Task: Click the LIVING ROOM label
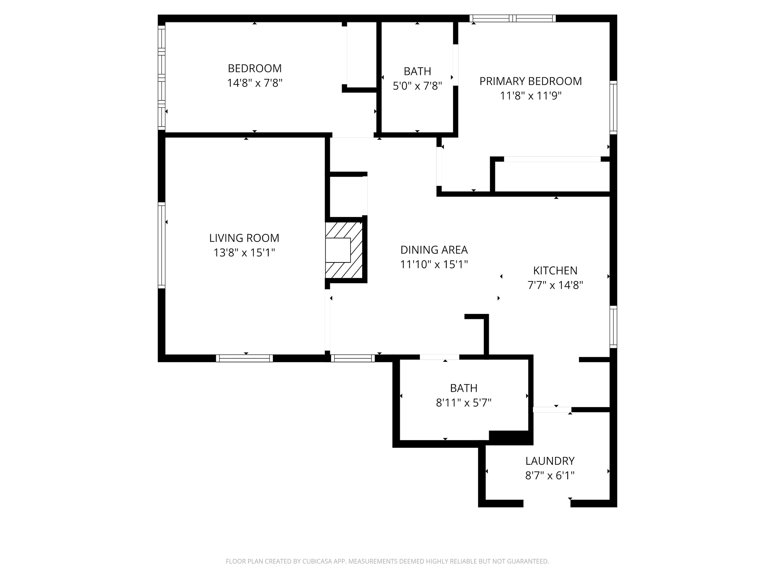(x=244, y=238)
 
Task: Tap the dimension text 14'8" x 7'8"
(x=255, y=83)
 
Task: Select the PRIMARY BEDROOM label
(x=530, y=81)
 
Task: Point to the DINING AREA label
(x=434, y=250)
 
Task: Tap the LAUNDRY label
(x=550, y=461)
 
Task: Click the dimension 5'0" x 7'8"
(x=417, y=86)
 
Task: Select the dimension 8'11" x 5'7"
(x=463, y=403)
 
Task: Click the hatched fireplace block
(x=344, y=250)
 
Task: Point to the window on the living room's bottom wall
(x=244, y=358)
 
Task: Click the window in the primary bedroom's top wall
(x=513, y=18)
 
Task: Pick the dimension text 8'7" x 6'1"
(x=550, y=476)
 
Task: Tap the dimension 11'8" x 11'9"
(x=530, y=96)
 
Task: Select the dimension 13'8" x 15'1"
(x=244, y=253)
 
